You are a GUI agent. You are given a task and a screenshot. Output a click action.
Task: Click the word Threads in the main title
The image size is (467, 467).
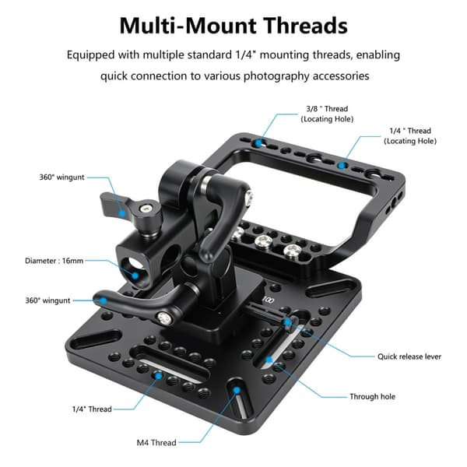tap(306, 26)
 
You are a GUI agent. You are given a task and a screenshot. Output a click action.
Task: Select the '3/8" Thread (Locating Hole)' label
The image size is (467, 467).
tap(327, 114)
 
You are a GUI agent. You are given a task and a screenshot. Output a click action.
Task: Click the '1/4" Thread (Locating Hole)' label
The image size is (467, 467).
tap(410, 135)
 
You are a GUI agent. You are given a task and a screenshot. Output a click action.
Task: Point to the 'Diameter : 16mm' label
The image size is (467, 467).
tap(54, 261)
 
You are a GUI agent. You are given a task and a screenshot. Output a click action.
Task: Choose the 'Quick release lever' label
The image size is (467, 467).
tap(409, 356)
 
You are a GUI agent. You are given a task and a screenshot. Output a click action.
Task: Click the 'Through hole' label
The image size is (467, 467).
tap(372, 396)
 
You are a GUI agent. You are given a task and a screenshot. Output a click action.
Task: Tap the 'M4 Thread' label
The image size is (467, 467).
tap(156, 443)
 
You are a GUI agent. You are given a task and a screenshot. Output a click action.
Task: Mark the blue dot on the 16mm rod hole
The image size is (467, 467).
tap(135, 276)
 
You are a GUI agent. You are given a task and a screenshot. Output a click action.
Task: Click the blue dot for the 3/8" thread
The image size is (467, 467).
tap(258, 143)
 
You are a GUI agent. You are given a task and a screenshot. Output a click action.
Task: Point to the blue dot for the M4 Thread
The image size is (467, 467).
tap(237, 390)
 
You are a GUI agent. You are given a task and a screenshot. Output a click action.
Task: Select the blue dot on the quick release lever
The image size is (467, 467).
tap(288, 322)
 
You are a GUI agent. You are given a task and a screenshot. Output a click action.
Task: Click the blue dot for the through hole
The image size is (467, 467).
tap(269, 360)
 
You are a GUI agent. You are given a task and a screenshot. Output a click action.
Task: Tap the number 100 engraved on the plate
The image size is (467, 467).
tap(268, 300)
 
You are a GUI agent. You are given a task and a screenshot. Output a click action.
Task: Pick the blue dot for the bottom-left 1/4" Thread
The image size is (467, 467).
tap(159, 376)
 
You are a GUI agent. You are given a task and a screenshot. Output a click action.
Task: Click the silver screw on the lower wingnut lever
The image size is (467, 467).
tap(164, 319)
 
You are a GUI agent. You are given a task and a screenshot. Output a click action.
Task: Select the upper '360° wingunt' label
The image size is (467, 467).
tap(62, 177)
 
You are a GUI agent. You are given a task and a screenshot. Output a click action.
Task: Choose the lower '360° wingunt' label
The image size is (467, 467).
tap(47, 300)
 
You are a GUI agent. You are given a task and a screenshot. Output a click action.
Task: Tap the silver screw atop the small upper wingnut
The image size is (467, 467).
tap(146, 209)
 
